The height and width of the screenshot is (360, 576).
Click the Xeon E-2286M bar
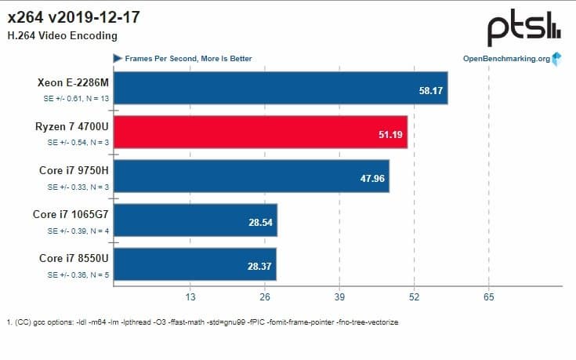click(x=281, y=92)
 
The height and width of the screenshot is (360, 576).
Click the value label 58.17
click(x=431, y=92)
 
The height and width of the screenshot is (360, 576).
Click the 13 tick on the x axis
click(x=190, y=298)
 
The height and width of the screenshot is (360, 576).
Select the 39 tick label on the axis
click(x=339, y=298)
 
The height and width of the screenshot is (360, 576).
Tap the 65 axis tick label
click(x=488, y=298)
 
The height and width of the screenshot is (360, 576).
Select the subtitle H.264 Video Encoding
click(x=62, y=35)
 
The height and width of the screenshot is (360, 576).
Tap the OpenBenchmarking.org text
click(x=506, y=59)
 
